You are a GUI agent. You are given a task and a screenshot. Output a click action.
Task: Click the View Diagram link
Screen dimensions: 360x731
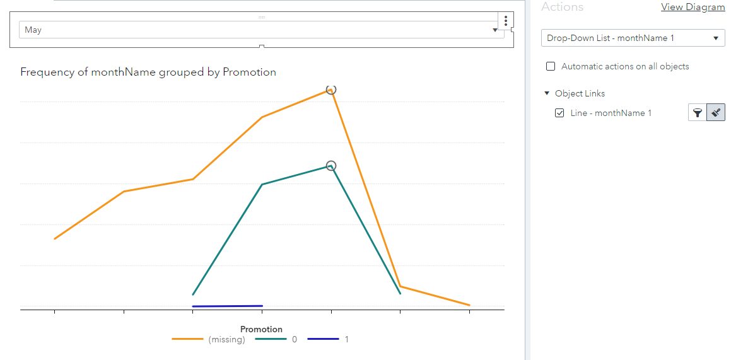[x=693, y=7]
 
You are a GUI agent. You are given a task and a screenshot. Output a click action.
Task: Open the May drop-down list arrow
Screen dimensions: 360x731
[x=495, y=30]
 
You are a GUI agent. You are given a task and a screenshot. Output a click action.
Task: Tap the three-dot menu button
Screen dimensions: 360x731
[x=506, y=21]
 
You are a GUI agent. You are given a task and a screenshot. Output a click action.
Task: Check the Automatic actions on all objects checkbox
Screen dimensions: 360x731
[x=551, y=66]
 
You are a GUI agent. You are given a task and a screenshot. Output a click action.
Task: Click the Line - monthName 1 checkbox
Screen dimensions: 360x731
[x=559, y=113]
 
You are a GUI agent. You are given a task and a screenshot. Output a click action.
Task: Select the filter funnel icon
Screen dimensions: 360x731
[x=698, y=113]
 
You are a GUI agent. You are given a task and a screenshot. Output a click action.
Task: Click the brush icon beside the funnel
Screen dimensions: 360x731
[x=716, y=113]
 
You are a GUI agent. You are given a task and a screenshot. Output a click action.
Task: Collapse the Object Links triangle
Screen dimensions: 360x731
[x=547, y=93]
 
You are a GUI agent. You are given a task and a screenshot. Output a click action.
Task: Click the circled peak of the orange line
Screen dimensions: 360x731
[x=331, y=90]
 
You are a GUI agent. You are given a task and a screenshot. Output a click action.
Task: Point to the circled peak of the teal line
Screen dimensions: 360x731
[x=331, y=166]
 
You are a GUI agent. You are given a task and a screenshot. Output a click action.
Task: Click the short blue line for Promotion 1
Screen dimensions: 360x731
[x=227, y=306]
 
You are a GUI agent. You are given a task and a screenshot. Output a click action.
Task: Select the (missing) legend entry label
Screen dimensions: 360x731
[x=226, y=339]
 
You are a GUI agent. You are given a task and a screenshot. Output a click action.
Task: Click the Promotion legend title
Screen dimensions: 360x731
[x=261, y=329]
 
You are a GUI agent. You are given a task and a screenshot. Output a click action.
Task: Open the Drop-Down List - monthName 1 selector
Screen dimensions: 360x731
[x=632, y=38]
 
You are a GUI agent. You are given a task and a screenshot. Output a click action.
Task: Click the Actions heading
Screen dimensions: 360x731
[x=562, y=7]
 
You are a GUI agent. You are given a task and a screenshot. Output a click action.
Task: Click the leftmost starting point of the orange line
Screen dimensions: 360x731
[x=55, y=238]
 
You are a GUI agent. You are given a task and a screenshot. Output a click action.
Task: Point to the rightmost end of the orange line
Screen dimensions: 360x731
[x=469, y=305]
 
